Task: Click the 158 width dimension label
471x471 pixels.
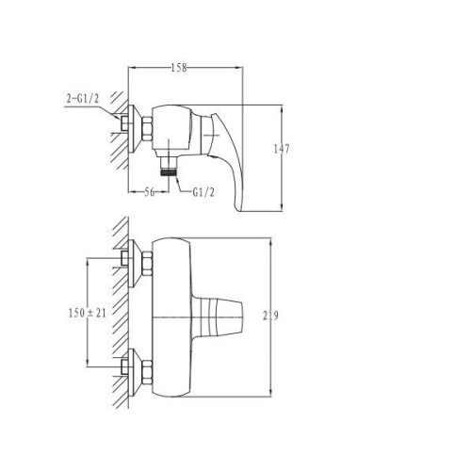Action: click(179, 68)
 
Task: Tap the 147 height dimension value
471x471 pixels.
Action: click(281, 149)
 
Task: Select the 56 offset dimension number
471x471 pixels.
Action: click(150, 192)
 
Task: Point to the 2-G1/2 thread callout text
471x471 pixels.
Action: click(83, 99)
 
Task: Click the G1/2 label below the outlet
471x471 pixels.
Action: click(203, 192)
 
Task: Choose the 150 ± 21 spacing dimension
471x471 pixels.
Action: click(88, 313)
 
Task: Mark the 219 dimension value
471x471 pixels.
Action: click(270, 316)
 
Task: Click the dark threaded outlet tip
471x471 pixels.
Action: click(169, 172)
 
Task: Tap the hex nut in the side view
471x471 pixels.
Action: click(147, 129)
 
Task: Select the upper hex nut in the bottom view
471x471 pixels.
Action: click(147, 264)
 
